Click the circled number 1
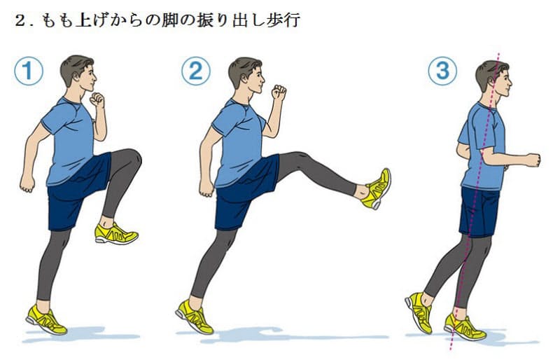29,72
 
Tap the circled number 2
196,72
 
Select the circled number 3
442,72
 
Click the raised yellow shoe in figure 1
115,233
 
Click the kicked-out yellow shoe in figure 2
377,188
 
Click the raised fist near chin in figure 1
97,99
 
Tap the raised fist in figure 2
279,92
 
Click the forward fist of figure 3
533,159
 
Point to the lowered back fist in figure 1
27,183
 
